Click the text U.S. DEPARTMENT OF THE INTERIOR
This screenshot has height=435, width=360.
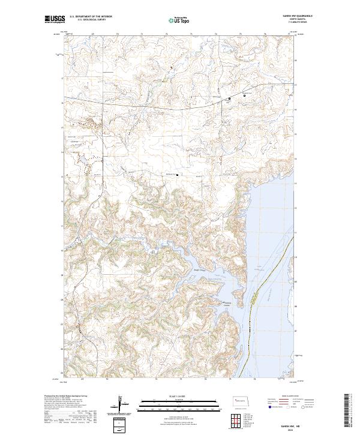(x=91, y=17)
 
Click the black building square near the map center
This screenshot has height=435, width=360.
(x=177, y=175)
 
